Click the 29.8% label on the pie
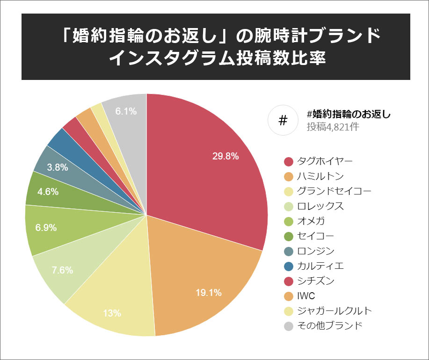click(225, 157)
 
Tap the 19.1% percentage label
click(208, 293)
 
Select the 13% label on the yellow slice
click(112, 313)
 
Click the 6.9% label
click(46, 228)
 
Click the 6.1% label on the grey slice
click(126, 111)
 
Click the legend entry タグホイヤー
click(325, 161)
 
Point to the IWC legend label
click(306, 296)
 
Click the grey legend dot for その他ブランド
click(289, 326)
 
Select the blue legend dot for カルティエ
click(289, 266)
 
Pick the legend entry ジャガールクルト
click(334, 311)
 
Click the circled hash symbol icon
click(283, 121)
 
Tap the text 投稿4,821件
click(333, 127)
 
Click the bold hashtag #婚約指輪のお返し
click(349, 114)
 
